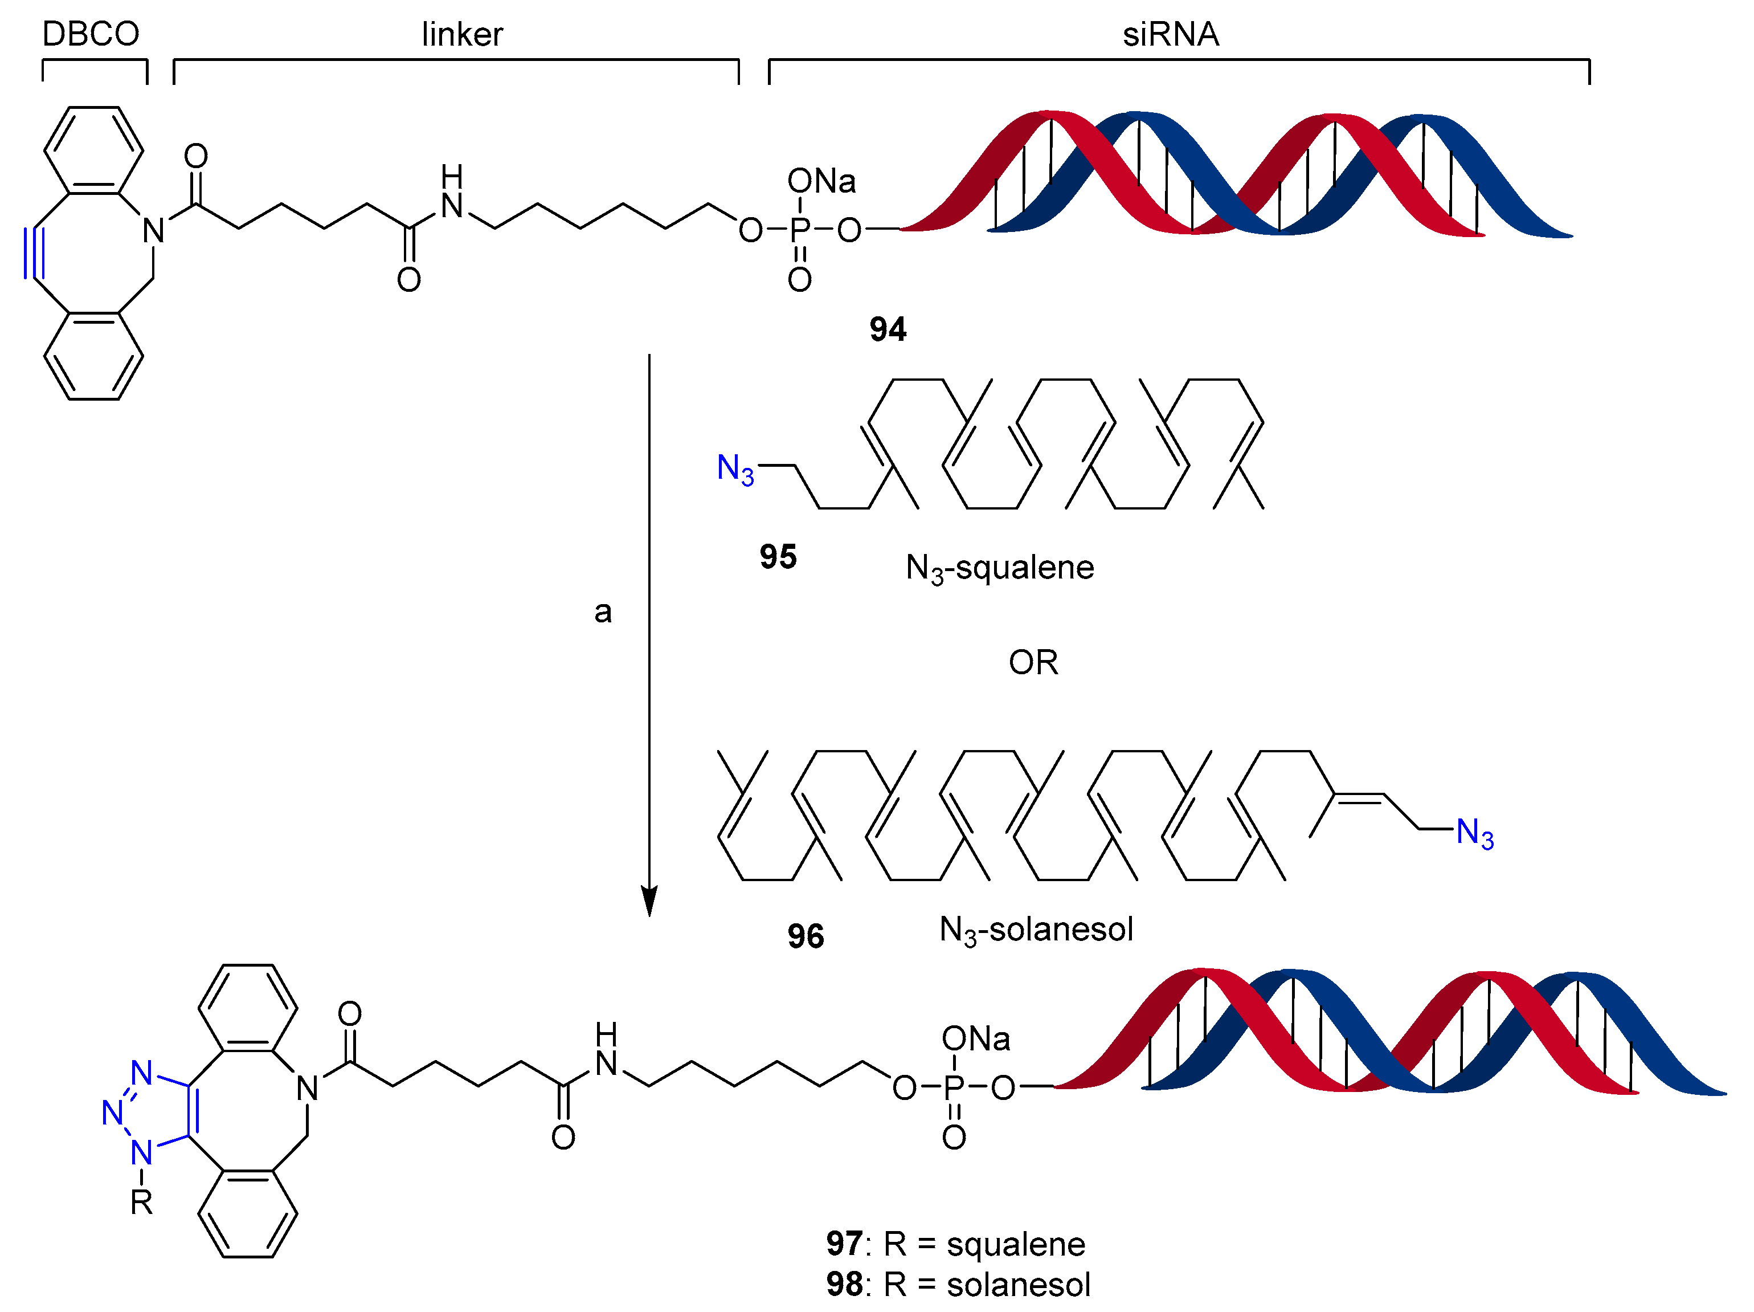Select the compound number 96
pos(805,936)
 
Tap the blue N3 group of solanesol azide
pos(1475,834)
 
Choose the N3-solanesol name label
pos(1036,930)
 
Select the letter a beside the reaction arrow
pos(603,612)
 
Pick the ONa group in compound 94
pos(821,182)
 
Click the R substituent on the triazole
pos(141,1203)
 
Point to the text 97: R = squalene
pos(955,1244)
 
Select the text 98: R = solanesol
pos(957,1284)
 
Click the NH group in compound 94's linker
pos(451,194)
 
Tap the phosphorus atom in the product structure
pos(954,1087)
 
